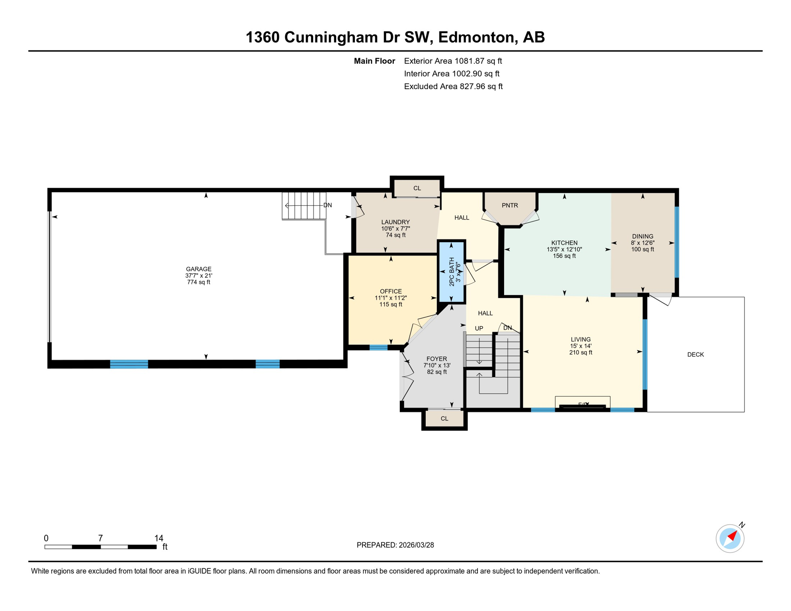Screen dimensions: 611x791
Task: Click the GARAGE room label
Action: tap(199, 269)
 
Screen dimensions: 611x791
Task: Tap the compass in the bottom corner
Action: tap(730, 539)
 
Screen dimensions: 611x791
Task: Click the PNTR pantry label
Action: tap(510, 205)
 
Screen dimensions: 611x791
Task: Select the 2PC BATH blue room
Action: tap(451, 272)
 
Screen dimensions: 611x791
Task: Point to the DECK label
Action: tap(696, 354)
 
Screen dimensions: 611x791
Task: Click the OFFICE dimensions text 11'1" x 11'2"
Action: tap(390, 298)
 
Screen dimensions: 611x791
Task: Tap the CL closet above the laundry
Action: tap(417, 188)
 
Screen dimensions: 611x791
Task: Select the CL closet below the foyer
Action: tap(444, 418)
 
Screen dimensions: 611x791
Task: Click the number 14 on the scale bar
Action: tap(159, 538)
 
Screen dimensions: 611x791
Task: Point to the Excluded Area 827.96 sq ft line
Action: tap(453, 86)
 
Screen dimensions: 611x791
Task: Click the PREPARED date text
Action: tap(395, 545)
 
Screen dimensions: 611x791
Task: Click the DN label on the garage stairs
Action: tap(327, 205)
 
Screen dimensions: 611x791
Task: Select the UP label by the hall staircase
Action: tap(479, 329)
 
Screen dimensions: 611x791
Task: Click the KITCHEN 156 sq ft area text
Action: tap(564, 256)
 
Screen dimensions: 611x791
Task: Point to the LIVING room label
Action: tap(581, 339)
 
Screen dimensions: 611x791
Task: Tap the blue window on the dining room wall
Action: tap(677, 242)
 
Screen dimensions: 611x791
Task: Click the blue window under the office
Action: tap(378, 348)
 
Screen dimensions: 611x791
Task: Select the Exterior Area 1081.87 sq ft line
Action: tap(453, 61)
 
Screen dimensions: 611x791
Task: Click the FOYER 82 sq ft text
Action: tap(436, 372)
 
